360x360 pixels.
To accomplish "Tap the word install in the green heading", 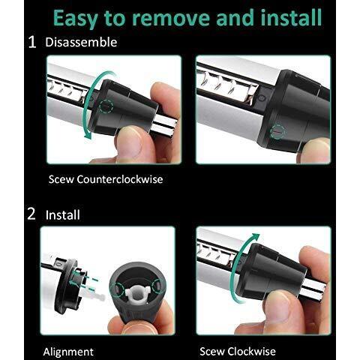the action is coord(291,17).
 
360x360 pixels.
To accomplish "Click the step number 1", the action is coord(32,42).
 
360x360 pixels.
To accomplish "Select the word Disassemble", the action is coord(81,42).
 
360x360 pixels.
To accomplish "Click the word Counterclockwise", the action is coord(120,179).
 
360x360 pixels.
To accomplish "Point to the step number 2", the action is coord(31,214).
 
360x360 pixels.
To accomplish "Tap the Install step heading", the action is coord(63,215).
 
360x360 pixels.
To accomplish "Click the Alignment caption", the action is coord(68,352).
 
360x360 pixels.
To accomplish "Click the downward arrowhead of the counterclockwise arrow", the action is coord(88,135).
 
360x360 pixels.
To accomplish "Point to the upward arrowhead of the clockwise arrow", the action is coord(255,236).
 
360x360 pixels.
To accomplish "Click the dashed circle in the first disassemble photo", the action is coord(106,106).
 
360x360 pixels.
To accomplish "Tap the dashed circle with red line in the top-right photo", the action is coord(277,130).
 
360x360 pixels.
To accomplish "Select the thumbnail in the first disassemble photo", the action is coord(129,141).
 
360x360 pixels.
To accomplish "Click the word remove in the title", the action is coord(170,19).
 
